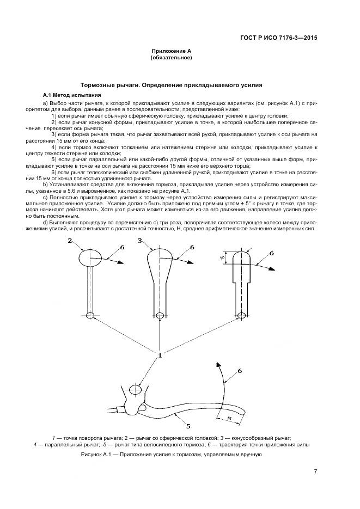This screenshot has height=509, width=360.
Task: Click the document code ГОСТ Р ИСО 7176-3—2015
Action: point(279,38)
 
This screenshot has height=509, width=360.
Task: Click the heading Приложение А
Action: point(171,51)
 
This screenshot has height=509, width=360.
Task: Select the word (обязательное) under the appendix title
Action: point(171,57)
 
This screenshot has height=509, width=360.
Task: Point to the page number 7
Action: point(315,471)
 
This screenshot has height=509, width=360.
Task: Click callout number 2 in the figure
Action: point(70,240)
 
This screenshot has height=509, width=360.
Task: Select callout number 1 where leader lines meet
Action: point(160,356)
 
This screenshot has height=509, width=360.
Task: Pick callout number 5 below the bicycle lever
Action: point(188,427)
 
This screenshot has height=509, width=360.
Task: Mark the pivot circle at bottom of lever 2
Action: point(89,315)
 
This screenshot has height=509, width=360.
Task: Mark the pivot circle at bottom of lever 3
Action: point(160,315)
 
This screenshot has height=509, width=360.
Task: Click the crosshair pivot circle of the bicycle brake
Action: point(135,390)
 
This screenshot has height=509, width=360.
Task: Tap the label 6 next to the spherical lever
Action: point(123,247)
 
